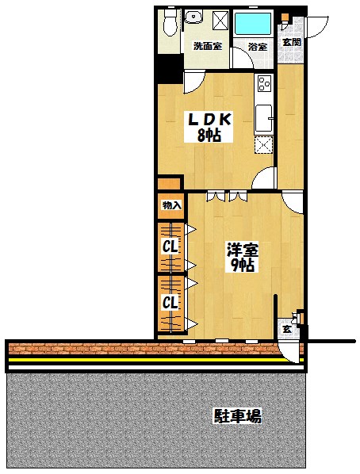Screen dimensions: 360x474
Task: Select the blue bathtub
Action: click(253, 24)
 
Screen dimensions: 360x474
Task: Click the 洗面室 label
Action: click(208, 46)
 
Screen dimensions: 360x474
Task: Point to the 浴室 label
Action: click(258, 47)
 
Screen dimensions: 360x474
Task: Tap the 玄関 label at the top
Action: click(292, 42)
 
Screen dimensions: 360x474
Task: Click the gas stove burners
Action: click(264, 83)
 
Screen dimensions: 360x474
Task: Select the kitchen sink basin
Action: click(263, 117)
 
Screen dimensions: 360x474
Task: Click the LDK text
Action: click(210, 120)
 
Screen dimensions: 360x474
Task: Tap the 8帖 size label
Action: click(209, 136)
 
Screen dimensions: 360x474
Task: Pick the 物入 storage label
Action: click(171, 205)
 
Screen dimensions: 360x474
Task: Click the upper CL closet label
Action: click(170, 247)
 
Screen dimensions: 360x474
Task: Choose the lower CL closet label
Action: click(170, 302)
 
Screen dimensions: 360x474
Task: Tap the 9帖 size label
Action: click(243, 265)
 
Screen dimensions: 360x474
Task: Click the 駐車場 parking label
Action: click(238, 416)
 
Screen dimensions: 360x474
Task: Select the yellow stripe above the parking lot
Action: click(155, 360)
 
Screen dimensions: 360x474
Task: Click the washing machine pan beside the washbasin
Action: click(220, 21)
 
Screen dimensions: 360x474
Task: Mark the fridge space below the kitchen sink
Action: click(263, 145)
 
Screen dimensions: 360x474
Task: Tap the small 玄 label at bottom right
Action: click(287, 329)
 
